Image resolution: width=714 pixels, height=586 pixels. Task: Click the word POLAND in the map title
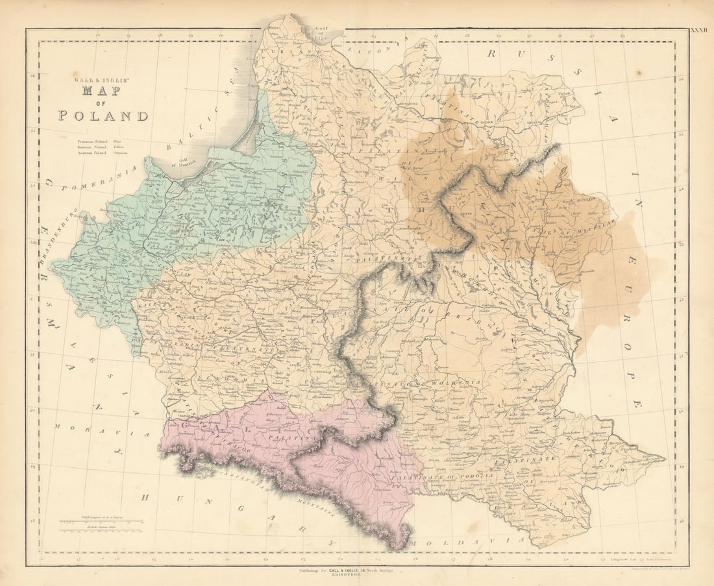[103, 116]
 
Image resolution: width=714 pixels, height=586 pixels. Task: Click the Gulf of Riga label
[323, 33]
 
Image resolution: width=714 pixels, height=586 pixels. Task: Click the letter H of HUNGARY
[146, 496]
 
